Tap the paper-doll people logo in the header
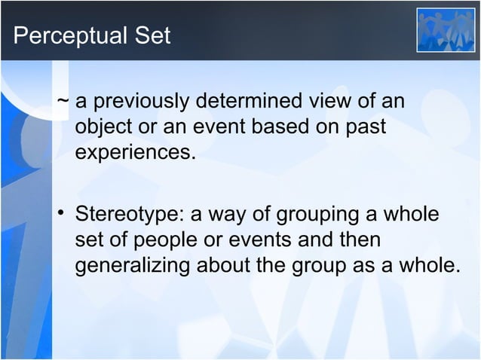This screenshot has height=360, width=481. [446, 29]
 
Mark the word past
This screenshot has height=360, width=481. [366, 127]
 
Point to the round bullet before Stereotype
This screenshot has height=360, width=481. [63, 215]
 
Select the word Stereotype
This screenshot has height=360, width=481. [129, 215]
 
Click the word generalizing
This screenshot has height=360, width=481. [133, 267]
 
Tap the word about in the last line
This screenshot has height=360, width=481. [228, 267]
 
